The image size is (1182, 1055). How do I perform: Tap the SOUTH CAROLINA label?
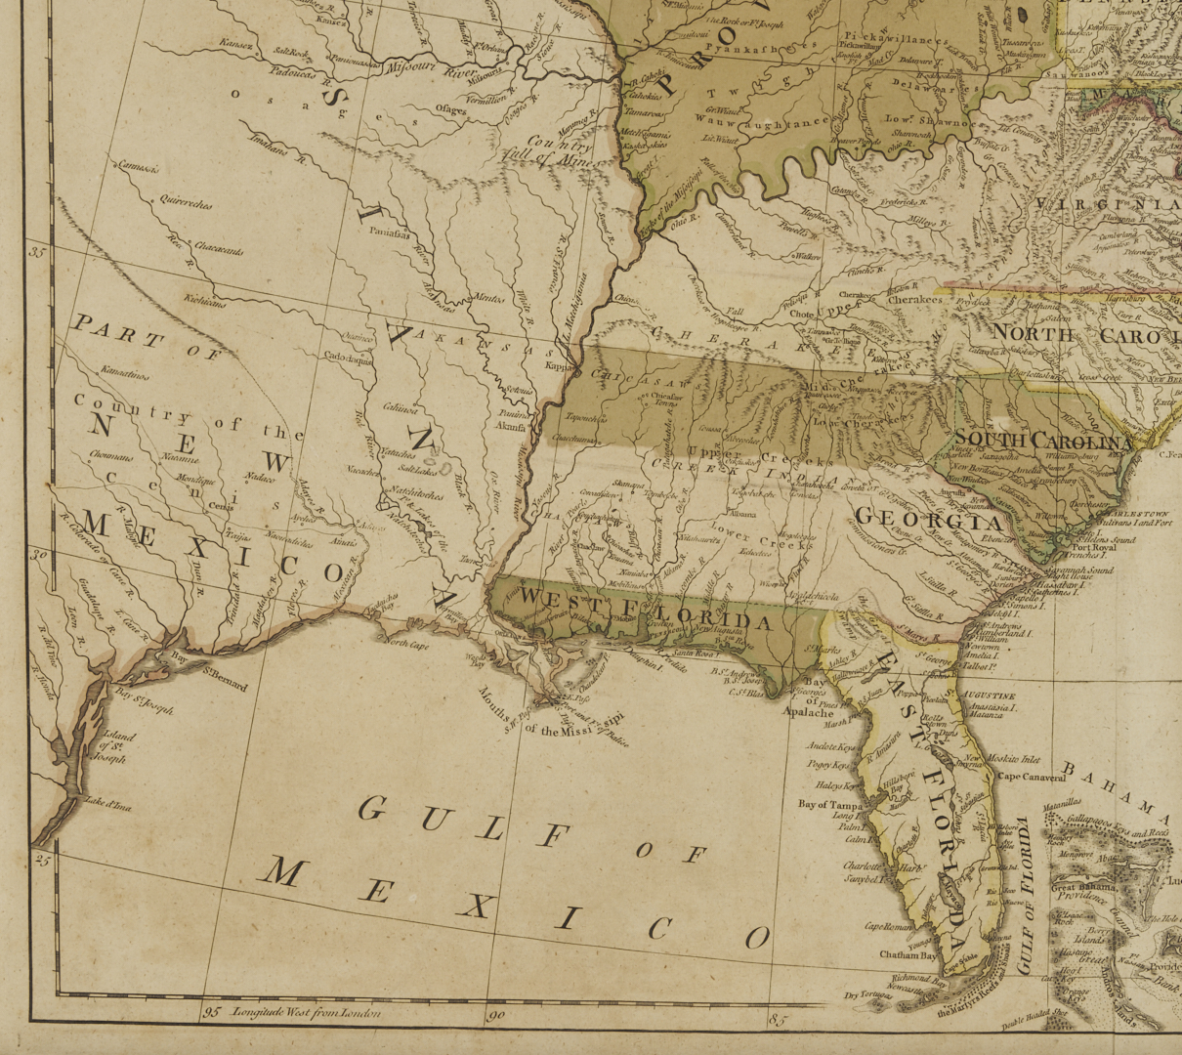coord(1042,439)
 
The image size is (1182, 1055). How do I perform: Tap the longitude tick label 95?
coord(211,1012)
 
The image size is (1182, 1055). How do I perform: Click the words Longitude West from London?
coord(306,1012)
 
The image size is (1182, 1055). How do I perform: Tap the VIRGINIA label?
coord(1108,203)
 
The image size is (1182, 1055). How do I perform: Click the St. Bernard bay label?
coord(224,679)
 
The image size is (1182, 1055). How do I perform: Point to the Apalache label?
coord(808,712)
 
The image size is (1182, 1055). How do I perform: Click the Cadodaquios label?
coord(348,359)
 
